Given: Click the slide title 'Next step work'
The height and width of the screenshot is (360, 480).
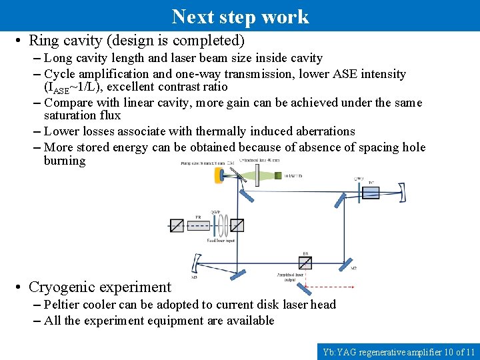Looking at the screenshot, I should tap(240, 16).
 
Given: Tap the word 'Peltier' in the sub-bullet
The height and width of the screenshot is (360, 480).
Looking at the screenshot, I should tap(64, 305).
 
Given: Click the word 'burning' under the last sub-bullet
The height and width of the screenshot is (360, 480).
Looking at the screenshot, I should tap(65, 161).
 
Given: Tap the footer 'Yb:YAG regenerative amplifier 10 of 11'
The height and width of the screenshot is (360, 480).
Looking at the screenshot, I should tap(398, 351).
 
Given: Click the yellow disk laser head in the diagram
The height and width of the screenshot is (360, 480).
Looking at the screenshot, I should tap(219, 175).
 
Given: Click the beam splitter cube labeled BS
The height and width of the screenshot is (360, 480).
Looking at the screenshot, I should tap(305, 262).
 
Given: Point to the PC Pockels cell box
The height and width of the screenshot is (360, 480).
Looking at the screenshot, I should tap(371, 193).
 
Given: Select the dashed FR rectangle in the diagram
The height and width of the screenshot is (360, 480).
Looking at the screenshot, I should tap(199, 225).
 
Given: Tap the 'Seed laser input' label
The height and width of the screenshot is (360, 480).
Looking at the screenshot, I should tap(221, 240).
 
